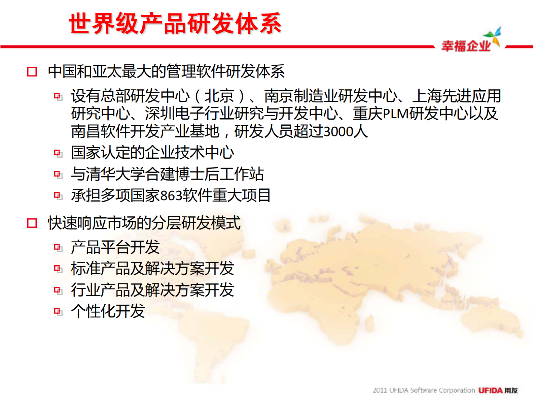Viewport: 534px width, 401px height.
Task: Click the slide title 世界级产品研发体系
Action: click(175, 24)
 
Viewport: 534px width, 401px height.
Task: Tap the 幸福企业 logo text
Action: click(466, 46)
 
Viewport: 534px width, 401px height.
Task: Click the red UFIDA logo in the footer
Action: click(490, 390)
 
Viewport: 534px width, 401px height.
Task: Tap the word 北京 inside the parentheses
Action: click(219, 96)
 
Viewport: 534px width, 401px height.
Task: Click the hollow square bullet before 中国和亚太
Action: click(32, 71)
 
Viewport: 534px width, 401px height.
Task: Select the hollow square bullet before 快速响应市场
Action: click(32, 223)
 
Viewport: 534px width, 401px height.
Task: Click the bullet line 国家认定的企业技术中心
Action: click(152, 153)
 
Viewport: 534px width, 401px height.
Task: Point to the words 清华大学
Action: click(115, 174)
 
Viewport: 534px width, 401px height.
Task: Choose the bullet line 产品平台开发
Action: click(115, 247)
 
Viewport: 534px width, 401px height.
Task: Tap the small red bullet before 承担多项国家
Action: click(58, 195)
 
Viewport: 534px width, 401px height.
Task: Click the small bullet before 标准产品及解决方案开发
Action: click(58, 269)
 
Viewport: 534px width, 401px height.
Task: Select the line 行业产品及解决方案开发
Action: click(152, 290)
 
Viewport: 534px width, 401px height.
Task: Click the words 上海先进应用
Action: click(457, 96)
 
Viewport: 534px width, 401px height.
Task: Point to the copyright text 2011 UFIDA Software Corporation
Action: click(423, 390)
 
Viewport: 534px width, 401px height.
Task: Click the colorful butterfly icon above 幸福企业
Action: click(493, 36)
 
